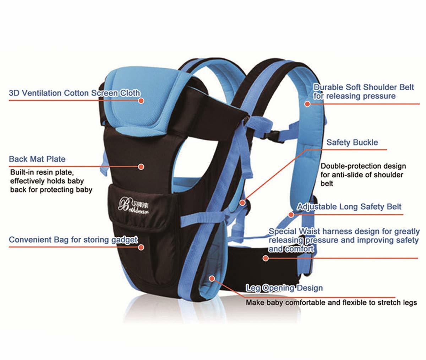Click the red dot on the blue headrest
point(141,101)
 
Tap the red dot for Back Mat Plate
point(141,167)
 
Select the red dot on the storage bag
point(141,247)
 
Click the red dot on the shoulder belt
point(307,104)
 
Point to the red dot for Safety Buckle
point(242,203)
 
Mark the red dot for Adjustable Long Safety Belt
point(291,215)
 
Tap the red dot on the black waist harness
point(266,258)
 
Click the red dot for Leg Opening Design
point(212,279)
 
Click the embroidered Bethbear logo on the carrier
point(133,206)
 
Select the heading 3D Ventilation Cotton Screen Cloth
point(75,93)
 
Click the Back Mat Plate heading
point(37,159)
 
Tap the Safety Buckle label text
point(352,143)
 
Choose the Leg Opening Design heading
point(284,288)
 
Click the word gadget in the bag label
point(124,240)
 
